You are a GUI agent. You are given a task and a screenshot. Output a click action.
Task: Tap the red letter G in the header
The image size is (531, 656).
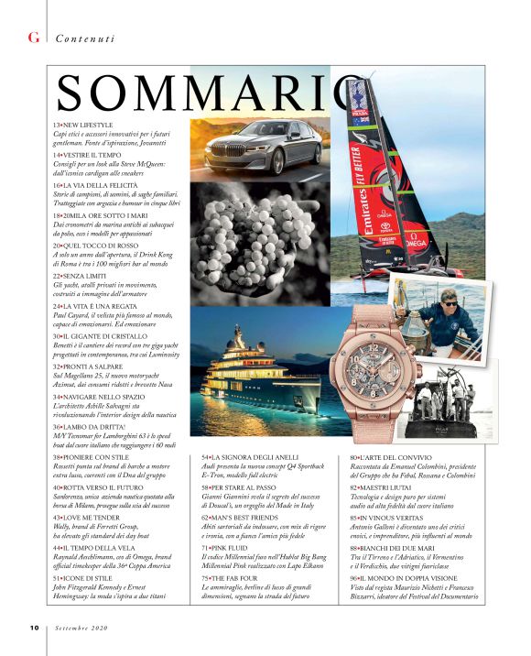(34, 38)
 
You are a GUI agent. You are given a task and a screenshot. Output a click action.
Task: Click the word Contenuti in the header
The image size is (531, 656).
(85, 38)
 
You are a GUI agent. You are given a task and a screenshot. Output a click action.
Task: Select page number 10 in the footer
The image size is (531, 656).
(33, 628)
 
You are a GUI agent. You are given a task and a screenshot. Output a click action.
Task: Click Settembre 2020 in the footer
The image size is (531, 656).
(82, 628)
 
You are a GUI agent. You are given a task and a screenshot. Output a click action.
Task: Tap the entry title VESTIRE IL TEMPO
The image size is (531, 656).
(91, 156)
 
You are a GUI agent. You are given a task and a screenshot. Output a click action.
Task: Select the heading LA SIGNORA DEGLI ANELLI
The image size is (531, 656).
(255, 455)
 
